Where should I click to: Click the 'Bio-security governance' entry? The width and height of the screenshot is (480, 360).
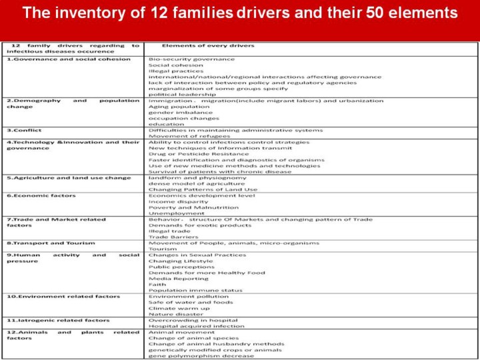click(182, 59)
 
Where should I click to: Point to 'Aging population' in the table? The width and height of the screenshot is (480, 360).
click(169, 107)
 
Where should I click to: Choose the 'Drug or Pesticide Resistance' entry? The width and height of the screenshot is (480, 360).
click(189, 154)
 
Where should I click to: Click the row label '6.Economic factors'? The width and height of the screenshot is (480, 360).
click(41, 195)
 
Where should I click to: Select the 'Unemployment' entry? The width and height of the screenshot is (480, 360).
click(167, 213)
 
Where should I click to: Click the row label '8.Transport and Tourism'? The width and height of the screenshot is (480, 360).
click(51, 243)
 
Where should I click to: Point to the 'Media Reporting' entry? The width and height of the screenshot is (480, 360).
click(170, 279)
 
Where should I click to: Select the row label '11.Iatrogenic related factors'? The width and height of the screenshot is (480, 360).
click(58, 320)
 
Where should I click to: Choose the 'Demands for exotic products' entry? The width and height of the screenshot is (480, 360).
click(190, 225)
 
